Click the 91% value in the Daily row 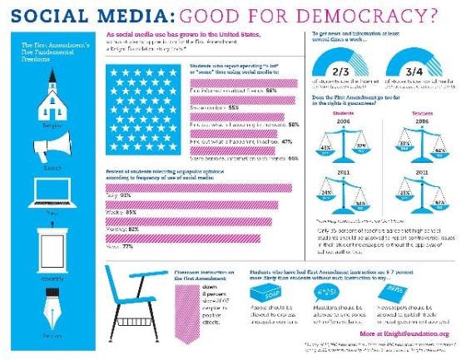129,195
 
